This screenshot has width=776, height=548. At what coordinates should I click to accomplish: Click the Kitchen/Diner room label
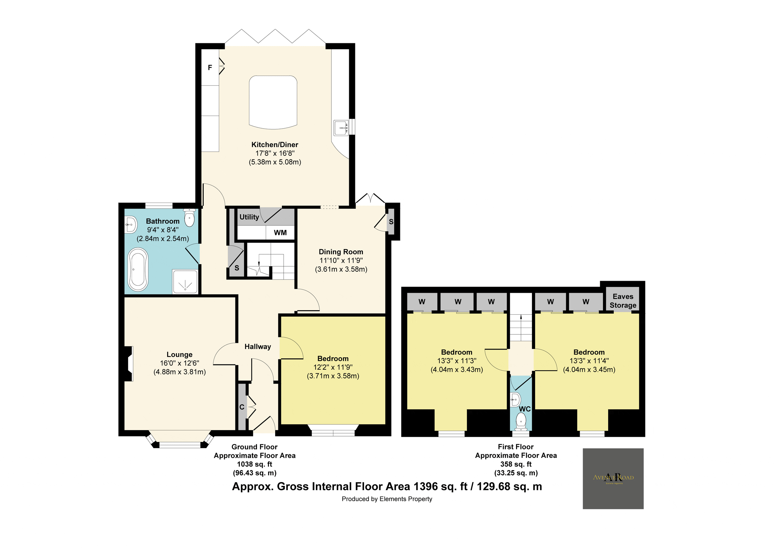pos(275,144)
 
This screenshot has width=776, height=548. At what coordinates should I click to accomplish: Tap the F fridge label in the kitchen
pos(210,68)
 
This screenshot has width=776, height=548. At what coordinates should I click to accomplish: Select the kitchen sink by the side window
pos(341,128)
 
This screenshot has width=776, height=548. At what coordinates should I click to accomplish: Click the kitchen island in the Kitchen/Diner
pos(273,102)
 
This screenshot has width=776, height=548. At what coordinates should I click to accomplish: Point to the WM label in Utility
pos(280,233)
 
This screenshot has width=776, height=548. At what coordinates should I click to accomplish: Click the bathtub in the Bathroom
pos(138,269)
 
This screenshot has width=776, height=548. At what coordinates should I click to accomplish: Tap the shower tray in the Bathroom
pos(185,281)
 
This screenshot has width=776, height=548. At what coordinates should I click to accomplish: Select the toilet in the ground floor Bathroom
pos(189,218)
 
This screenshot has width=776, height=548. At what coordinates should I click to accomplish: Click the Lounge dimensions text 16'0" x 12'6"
pos(179,363)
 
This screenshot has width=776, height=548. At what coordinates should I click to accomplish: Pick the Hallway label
pos(258,346)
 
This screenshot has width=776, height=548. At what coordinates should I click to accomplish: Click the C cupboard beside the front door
pos(242,407)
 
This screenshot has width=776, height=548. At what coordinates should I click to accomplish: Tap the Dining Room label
pos(341,252)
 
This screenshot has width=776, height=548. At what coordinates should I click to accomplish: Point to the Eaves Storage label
pos(623,301)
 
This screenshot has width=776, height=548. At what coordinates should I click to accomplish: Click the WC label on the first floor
pos(524,409)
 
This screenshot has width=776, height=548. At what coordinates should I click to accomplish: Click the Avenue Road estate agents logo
pos(613,479)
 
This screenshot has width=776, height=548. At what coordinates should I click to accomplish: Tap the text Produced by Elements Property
pos(387,499)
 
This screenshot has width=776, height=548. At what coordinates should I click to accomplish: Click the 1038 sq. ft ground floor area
pos(254,464)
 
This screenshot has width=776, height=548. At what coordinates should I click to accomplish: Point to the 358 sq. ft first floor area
pos(516,464)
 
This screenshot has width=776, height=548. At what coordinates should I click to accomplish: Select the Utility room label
pos(249,217)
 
